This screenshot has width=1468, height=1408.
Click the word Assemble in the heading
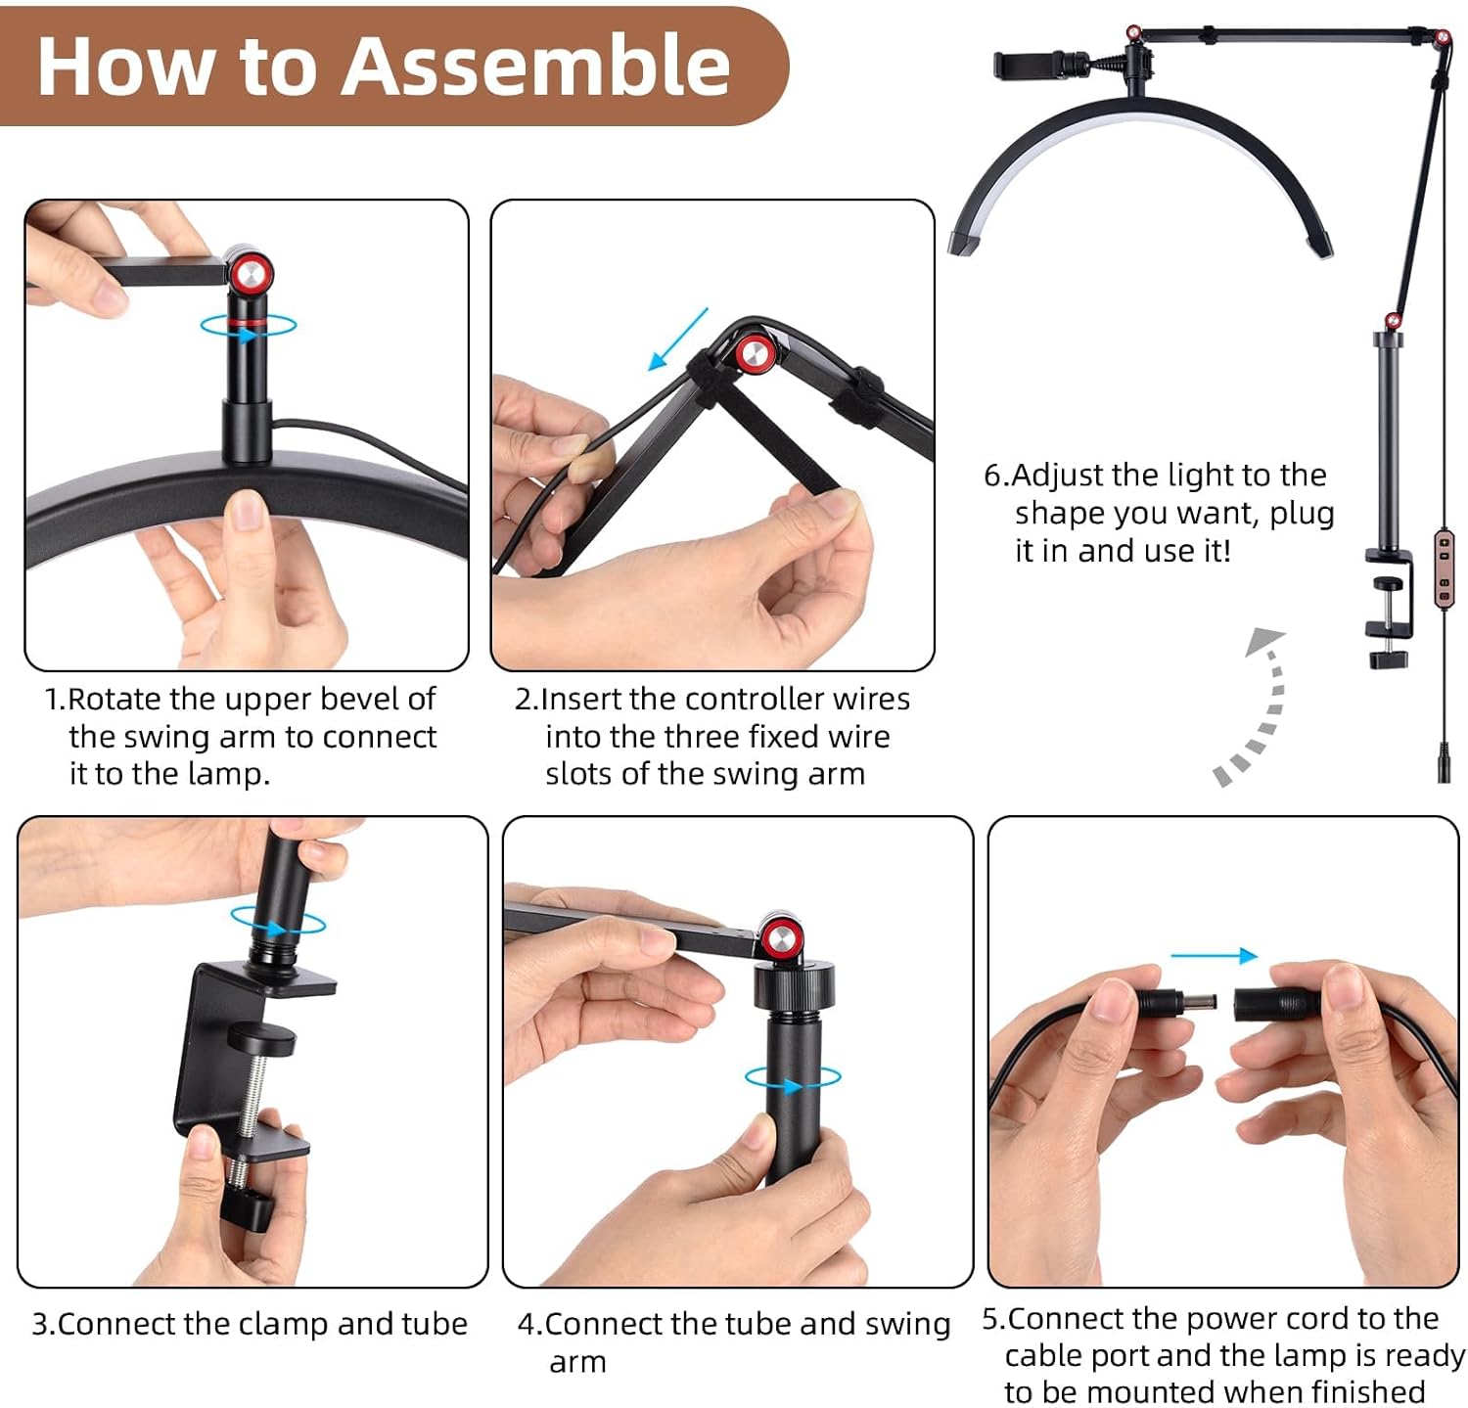coord(537,67)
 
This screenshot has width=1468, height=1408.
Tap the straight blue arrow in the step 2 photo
coord(678,339)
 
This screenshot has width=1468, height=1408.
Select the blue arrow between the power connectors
coord(1215,956)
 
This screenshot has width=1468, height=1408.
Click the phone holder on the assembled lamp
coord(1030,66)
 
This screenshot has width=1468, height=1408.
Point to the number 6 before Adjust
coord(993,476)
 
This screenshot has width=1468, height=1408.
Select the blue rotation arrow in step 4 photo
coord(793,1080)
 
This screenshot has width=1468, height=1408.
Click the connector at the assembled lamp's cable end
coord(1444,763)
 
